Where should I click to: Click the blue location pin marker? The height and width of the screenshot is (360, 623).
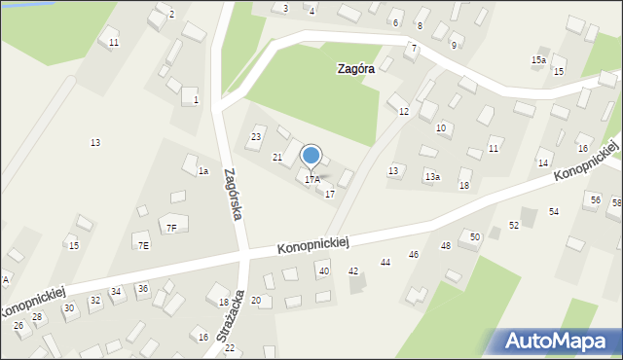tap(311, 156)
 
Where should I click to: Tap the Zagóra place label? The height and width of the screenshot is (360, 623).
tap(355, 69)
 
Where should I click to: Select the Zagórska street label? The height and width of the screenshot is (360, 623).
tap(232, 194)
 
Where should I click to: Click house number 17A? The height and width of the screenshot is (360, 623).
tap(311, 180)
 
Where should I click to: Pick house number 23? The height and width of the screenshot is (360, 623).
tap(256, 137)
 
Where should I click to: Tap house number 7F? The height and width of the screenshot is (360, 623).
tap(171, 229)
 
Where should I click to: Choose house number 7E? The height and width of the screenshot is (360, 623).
tap(143, 245)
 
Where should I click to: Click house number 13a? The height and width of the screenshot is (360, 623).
tap(432, 177)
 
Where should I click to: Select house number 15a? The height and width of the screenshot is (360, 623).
tap(537, 60)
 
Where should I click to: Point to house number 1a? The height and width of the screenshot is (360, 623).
tap(203, 171)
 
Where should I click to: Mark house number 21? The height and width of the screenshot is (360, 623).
tap(277, 158)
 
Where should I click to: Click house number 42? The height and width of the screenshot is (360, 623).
tap(353, 270)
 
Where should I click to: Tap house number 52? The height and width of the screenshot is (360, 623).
tap(514, 225)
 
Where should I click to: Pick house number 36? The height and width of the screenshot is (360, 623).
tap(142, 289)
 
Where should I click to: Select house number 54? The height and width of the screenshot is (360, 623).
tap(553, 212)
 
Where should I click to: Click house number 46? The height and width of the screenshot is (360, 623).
tap(414, 255)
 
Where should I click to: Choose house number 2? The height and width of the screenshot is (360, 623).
tap(171, 15)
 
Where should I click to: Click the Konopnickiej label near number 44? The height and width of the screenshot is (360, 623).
tap(312, 243)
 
